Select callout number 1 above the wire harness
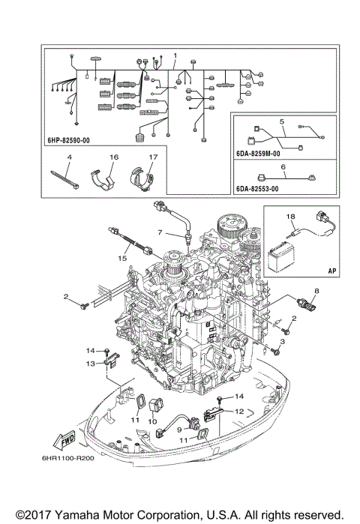175,57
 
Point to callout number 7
160,232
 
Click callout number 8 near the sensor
316,290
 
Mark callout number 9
179,429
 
